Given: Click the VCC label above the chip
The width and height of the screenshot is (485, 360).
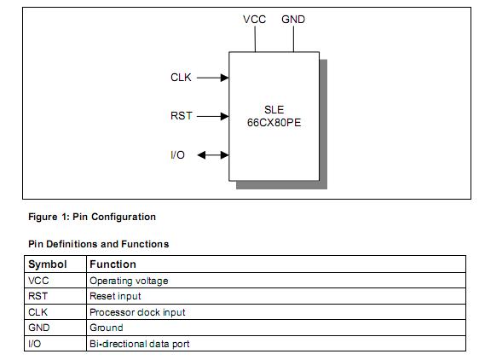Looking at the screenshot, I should (255, 19).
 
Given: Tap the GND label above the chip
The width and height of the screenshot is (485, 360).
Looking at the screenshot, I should (293, 19).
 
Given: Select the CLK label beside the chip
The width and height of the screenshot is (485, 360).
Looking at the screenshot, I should (182, 78).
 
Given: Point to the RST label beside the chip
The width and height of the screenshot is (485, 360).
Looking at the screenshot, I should (182, 116).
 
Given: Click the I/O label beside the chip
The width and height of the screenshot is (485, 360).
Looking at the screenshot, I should (178, 154).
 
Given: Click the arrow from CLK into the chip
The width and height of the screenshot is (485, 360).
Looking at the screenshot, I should (212, 78).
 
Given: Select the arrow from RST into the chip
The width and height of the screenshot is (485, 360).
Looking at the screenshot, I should (212, 116).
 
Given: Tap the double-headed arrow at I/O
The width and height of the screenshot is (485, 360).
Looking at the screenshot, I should (212, 154).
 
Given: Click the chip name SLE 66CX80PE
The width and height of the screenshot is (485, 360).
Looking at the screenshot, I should (274, 116).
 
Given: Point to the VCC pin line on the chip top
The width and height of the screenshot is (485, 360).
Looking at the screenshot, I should (256, 39).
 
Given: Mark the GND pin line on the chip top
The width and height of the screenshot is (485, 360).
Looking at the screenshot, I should (293, 39).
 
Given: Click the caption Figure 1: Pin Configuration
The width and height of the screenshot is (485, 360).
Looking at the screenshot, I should (92, 217).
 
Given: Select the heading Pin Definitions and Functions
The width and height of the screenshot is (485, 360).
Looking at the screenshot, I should (98, 244).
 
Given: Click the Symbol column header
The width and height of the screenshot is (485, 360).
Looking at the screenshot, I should (48, 264).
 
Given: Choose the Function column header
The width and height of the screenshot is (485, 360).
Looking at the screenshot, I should (113, 264).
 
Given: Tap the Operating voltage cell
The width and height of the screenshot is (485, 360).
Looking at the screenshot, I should (129, 281).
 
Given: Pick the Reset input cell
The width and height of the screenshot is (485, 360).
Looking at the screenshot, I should (115, 296).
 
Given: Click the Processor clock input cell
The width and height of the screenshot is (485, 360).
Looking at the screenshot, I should (137, 312).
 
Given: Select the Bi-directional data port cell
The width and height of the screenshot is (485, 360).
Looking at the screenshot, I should (139, 344).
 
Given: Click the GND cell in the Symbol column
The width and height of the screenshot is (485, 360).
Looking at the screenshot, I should (39, 328).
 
